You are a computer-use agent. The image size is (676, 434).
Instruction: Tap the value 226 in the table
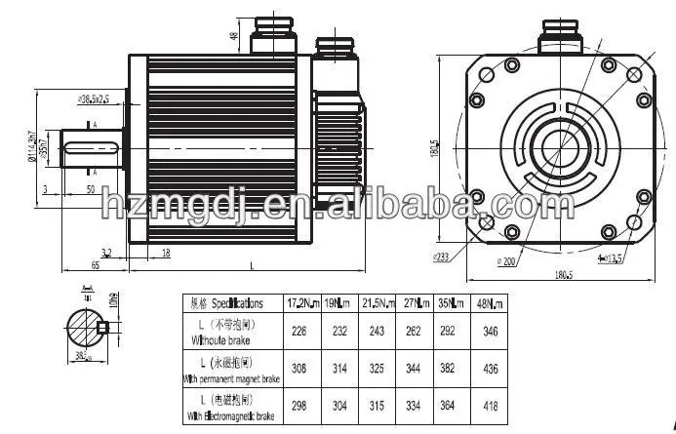pos(298,332)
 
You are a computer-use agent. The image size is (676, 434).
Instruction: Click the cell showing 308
pos(298,371)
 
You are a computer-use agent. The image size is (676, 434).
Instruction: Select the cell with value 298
pos(298,408)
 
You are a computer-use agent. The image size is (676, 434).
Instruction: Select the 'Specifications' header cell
pos(228,303)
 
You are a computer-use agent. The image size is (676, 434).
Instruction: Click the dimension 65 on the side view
pos(69,263)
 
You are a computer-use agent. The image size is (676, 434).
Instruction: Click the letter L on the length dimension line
pos(253,263)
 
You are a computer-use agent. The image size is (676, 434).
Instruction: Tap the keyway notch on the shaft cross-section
pos(101,327)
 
